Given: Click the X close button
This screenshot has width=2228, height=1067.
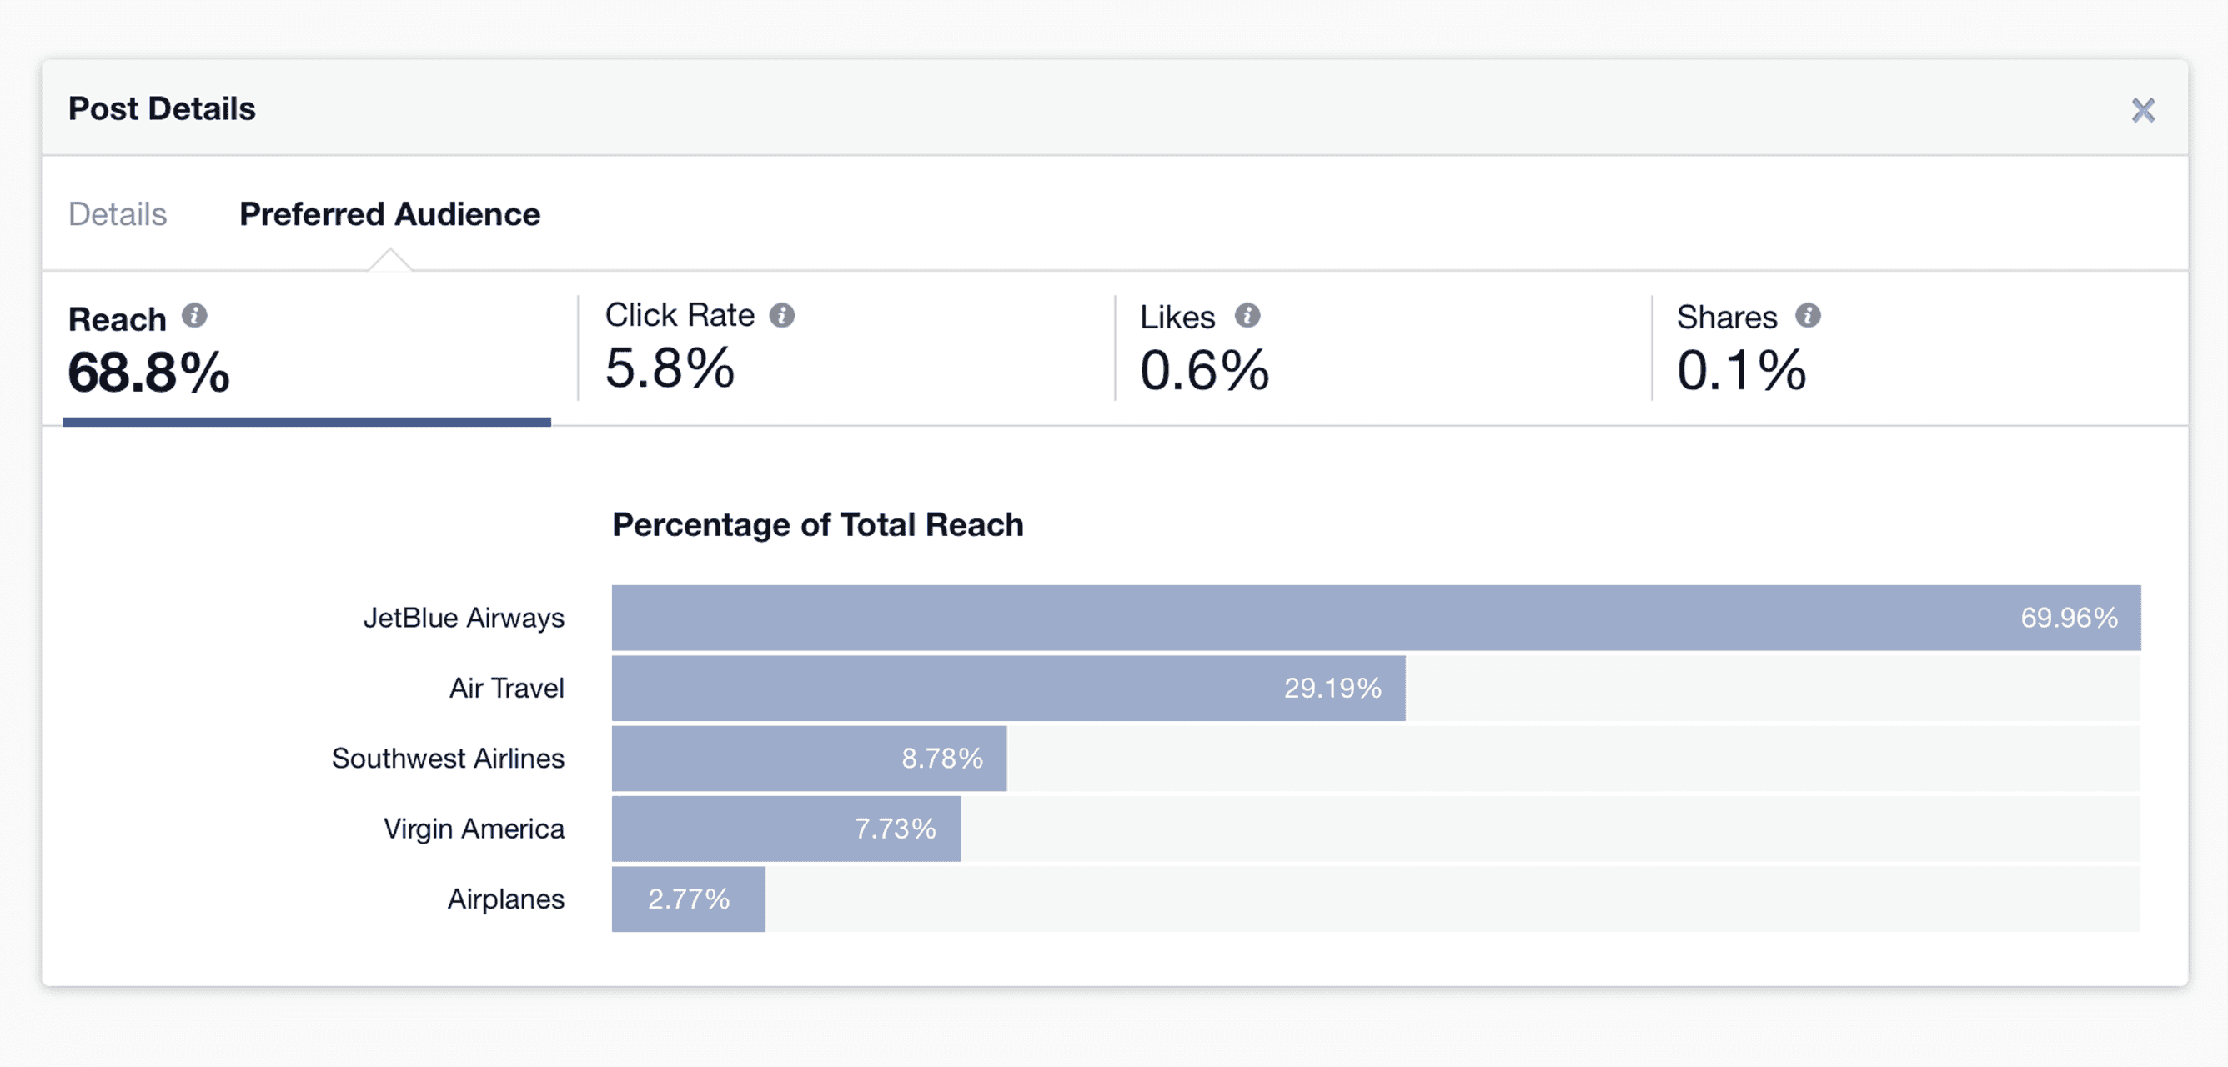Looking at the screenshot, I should coord(2142,110).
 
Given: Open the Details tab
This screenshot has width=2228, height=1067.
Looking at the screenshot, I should coord(118,213).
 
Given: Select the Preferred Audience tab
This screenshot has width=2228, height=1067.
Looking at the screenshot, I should coord(389,213).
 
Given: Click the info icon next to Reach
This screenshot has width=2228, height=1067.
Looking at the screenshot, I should coord(194,317).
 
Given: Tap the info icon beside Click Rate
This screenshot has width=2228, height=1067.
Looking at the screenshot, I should coord(782,316).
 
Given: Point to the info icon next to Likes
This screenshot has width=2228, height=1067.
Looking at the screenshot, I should coord(1247,316).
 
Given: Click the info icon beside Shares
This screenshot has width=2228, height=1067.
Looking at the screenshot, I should coord(1808,316).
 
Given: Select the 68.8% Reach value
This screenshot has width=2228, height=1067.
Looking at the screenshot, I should coord(148,373).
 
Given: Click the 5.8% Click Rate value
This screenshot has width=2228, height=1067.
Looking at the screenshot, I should coord(670,368).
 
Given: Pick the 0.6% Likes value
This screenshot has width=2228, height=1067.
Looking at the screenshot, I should coord(1204,370).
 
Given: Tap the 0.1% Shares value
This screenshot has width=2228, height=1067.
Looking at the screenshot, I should coord(1741,370).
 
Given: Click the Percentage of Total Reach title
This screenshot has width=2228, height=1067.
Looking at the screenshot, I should coord(817,525).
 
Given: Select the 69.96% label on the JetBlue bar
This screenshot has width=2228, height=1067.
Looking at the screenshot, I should coord(2069,618).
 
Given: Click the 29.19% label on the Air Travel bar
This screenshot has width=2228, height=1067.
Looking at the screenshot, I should coord(1332,689).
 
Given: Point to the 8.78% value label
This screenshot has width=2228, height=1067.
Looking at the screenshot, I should coord(942,759).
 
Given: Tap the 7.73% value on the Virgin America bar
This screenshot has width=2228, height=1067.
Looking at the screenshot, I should coord(896,829).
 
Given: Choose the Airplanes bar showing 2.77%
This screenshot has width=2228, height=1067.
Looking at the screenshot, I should coord(689,899).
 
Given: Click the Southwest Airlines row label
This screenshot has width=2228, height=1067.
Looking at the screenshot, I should coord(447,759).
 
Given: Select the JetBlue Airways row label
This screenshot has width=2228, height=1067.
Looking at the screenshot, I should coord(463,618).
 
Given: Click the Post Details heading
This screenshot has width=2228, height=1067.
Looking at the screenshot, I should coord(162,109).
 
